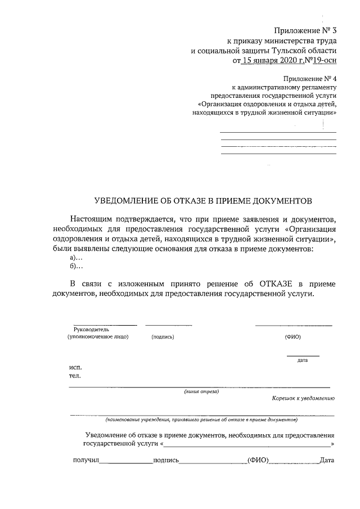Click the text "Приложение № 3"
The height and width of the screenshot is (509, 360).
point(304,31)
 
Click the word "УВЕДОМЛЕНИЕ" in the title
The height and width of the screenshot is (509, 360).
point(125,201)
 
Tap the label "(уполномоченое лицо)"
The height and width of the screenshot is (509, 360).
point(98,337)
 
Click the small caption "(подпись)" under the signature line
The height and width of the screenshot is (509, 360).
point(163,337)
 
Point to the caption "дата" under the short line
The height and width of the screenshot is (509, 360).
point(303,360)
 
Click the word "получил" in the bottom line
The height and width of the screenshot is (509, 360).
point(86,461)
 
